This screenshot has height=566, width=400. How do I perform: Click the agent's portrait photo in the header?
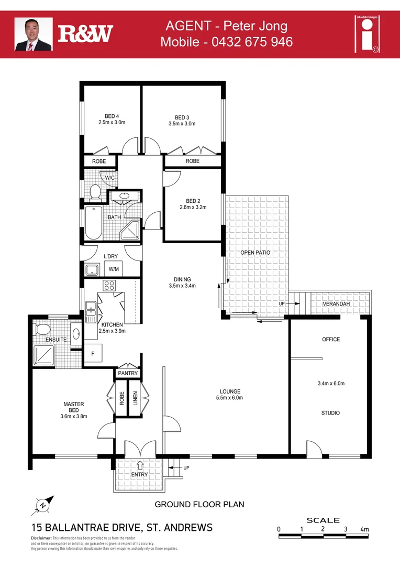pyautogui.click(x=34, y=34)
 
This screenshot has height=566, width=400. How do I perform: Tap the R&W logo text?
pyautogui.click(x=85, y=34)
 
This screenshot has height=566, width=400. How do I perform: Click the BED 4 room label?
pyautogui.click(x=112, y=116)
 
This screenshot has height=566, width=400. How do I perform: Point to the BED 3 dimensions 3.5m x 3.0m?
pyautogui.click(x=182, y=124)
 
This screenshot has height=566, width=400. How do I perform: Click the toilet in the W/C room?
pyautogui.click(x=95, y=192)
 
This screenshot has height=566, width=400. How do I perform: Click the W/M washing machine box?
pyautogui.click(x=113, y=269)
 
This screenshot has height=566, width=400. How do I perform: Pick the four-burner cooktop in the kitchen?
pyautogui.click(x=109, y=286)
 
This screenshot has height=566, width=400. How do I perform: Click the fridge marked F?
pyautogui.click(x=93, y=354)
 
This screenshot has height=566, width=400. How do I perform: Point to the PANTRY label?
pyautogui.click(x=128, y=373)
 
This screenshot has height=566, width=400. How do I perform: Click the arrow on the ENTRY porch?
pyautogui.click(x=140, y=464)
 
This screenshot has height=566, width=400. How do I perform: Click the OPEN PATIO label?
pyautogui.click(x=255, y=253)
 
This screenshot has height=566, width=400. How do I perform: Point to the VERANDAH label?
pyautogui.click(x=336, y=304)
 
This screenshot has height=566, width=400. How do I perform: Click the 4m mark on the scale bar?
pyautogui.click(x=364, y=529)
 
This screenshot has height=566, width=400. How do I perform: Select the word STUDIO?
pyautogui.click(x=330, y=413)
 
